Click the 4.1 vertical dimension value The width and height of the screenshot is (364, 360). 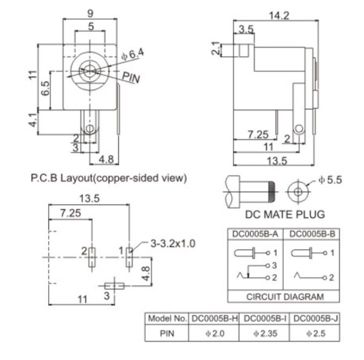pyautogui.click(x=33, y=119)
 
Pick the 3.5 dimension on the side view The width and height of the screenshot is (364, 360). pyautogui.click(x=247, y=29)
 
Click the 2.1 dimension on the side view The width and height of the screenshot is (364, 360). pyautogui.click(x=216, y=49)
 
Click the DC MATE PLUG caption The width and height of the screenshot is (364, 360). pyautogui.click(x=285, y=214)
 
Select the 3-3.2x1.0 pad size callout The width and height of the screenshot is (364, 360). pyautogui.click(x=173, y=243)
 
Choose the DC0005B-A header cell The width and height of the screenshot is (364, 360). pyautogui.click(x=255, y=234)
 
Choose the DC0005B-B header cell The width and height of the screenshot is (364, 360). pyautogui.click(x=310, y=234)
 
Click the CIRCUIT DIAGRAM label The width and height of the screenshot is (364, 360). pyautogui.click(x=285, y=296)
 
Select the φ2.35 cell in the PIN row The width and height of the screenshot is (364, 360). pyautogui.click(x=266, y=333)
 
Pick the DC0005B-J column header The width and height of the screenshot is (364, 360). pyautogui.click(x=315, y=318)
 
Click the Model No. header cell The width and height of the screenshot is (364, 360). pyautogui.click(x=168, y=318)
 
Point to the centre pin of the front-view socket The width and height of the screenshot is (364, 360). pyautogui.click(x=89, y=70)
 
